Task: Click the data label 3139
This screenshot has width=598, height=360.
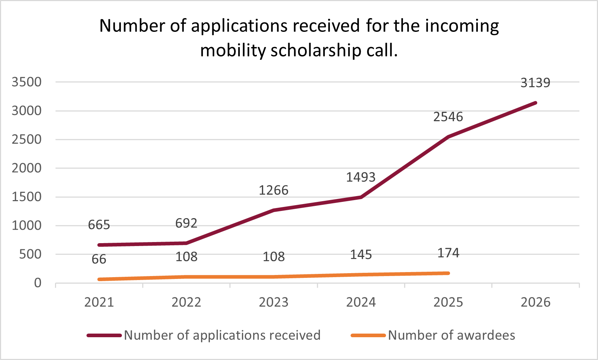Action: pos(535,83)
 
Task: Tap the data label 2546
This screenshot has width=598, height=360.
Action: pos(448,117)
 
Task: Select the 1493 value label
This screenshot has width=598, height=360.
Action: pos(361,177)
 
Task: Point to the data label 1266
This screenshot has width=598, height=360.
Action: pos(273,190)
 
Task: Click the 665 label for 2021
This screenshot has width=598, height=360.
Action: pos(99,225)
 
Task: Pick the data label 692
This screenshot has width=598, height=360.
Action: pos(186,224)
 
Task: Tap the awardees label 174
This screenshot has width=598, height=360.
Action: pos(448,253)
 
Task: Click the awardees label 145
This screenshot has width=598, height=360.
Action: pos(361,255)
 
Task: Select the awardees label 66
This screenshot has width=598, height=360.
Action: pos(99,259)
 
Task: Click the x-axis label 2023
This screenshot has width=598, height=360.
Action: pos(273,302)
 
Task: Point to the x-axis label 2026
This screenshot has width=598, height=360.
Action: pos(535,302)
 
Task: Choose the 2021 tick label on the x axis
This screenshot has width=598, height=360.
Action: pos(99,302)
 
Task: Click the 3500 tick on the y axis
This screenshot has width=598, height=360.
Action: pos(26,82)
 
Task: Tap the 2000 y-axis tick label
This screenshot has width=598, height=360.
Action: pos(26,168)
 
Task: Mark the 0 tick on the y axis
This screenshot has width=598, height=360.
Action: pos(38,283)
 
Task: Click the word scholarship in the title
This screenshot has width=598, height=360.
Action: pos(315,50)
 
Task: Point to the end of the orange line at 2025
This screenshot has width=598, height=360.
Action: pos(448,273)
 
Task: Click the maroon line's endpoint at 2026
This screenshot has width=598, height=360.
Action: pos(535,103)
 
